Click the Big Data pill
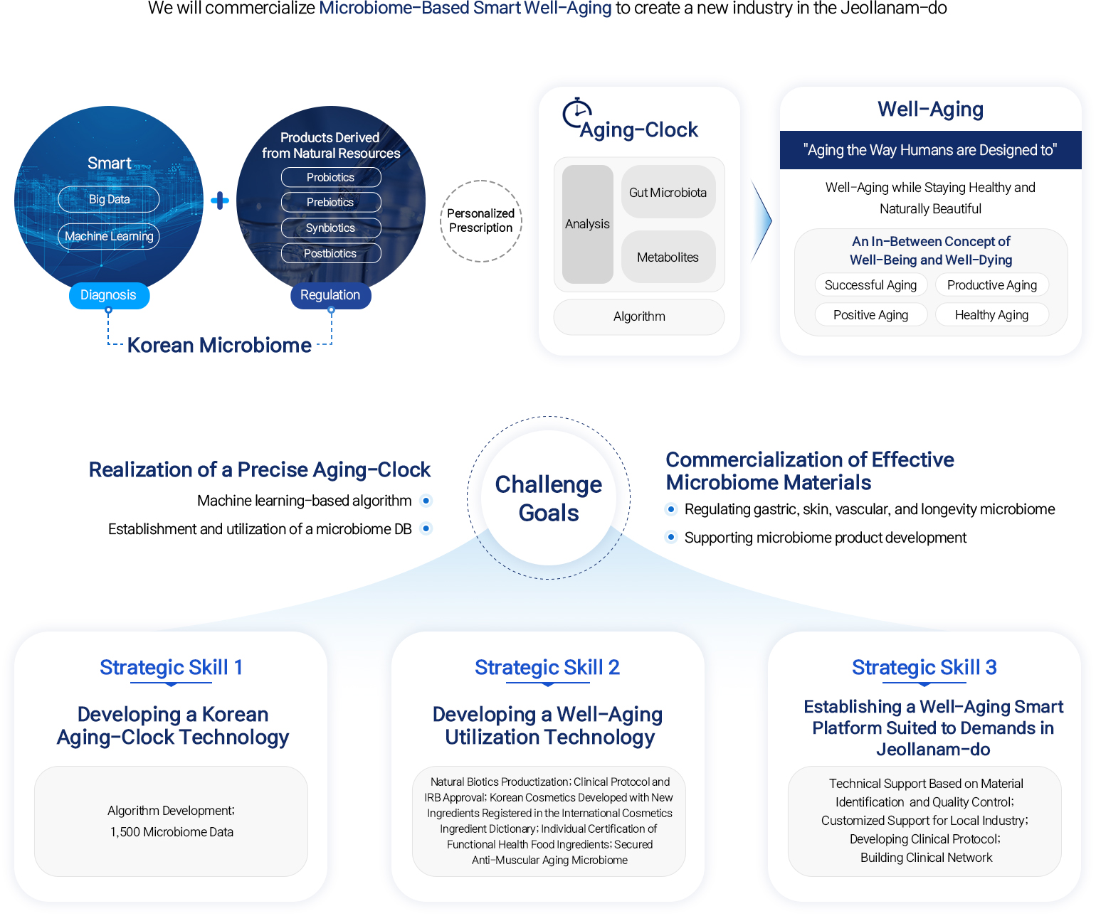[109, 199]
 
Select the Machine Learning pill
[109, 236]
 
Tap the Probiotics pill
[331, 177]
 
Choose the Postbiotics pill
[331, 253]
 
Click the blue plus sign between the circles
[220, 201]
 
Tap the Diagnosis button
[109, 295]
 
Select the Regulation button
[330, 295]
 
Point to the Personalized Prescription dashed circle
[481, 220]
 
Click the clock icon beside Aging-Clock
[576, 113]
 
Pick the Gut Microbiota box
[668, 192]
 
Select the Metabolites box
[668, 257]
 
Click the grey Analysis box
[587, 224]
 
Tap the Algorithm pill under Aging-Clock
[639, 316]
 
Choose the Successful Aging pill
[870, 285]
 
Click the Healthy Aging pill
[991, 315]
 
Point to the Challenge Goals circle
[549, 498]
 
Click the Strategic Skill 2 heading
[547, 667]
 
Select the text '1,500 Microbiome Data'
[172, 832]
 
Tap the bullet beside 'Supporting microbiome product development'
[671, 537]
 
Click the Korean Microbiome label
[219, 345]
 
